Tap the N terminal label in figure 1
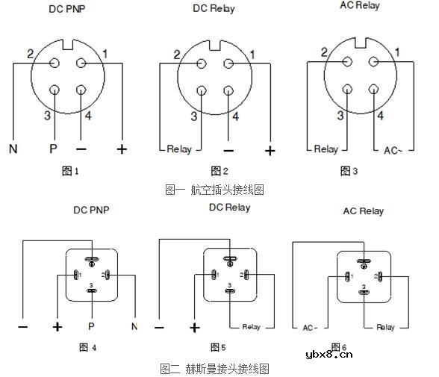(13, 149)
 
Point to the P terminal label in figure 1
(53, 149)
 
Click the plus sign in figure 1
(122, 149)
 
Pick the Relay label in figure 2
(179, 149)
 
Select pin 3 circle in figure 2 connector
(202, 91)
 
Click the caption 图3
(349, 171)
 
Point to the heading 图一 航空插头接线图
(214, 190)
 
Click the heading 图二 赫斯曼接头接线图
(214, 368)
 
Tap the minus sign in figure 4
(23, 327)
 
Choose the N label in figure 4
(134, 326)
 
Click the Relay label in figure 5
(251, 327)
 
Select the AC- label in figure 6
(311, 327)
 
